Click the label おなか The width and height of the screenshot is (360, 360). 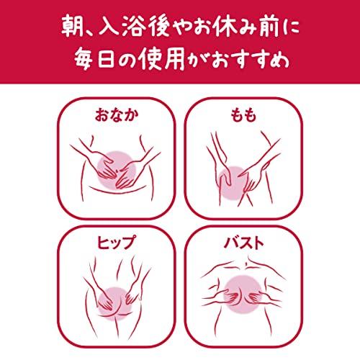pyautogui.click(x=117, y=115)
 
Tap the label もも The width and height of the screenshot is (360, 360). pyautogui.click(x=243, y=115)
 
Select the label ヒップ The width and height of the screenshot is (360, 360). pyautogui.click(x=117, y=242)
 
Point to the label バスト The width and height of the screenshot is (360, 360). pyautogui.click(x=243, y=242)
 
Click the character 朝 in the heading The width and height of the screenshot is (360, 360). pyautogui.click(x=72, y=27)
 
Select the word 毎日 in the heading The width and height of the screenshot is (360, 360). pyautogui.click(x=94, y=60)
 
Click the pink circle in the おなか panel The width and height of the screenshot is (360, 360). pyautogui.click(x=117, y=171)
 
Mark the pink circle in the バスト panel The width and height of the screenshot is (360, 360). pyautogui.click(x=243, y=294)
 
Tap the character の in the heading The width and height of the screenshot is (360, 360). pyautogui.click(x=127, y=60)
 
